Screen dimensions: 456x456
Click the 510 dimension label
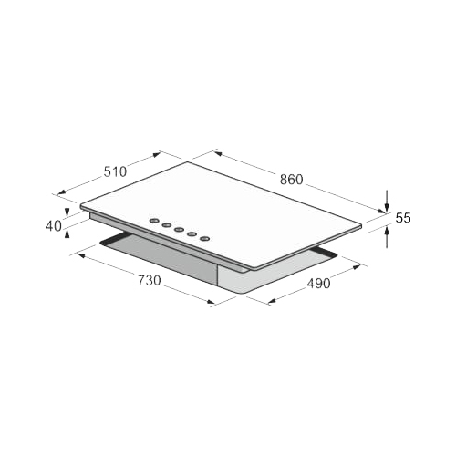click(115, 171)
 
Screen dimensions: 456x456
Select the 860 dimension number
click(292, 180)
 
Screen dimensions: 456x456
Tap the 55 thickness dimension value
click(403, 218)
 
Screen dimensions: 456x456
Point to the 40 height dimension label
click(53, 226)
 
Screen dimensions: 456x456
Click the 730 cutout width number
click(150, 280)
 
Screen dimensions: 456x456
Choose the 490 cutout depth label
click(318, 284)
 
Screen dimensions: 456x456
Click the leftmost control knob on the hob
click(154, 221)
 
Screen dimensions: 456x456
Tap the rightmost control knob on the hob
click(205, 239)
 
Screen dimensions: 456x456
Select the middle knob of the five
click(180, 230)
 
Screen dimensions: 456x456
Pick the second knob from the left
click(167, 225)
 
